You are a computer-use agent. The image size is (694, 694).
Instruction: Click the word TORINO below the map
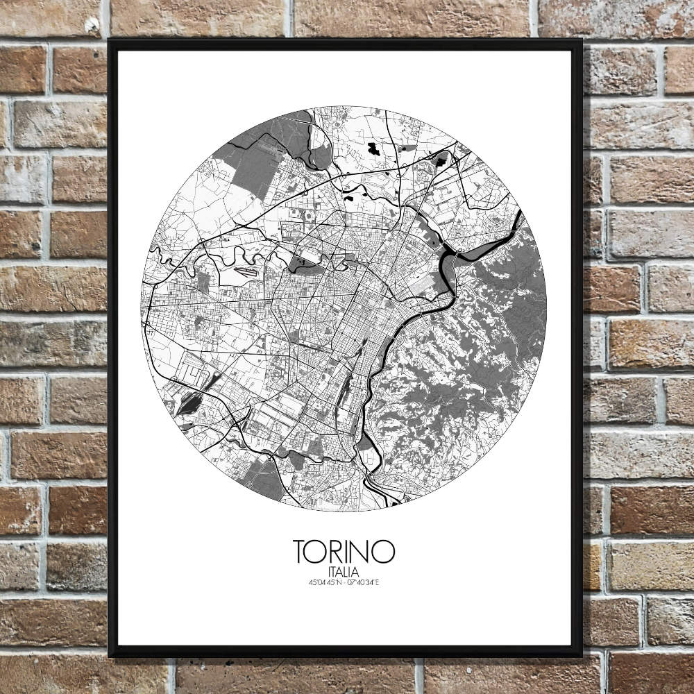point(345,552)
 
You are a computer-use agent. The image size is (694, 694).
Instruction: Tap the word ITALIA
point(345,571)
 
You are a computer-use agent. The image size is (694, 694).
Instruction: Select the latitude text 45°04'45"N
point(324,582)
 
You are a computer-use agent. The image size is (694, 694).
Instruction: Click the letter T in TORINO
point(302,552)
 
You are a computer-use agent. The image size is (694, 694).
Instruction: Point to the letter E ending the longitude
point(378,582)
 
